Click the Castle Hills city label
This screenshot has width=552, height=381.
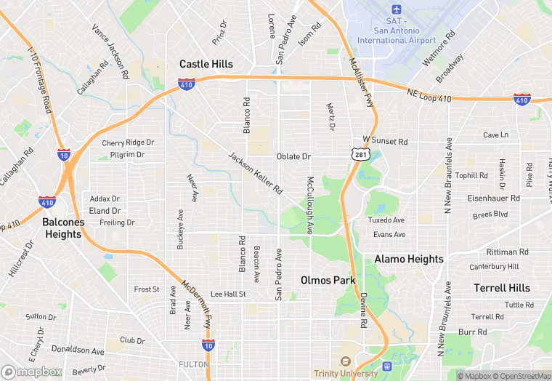tap(206, 64)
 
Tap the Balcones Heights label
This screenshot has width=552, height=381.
tap(63, 228)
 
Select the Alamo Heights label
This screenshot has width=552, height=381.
tap(409, 259)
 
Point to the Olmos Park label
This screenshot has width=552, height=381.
tap(326, 280)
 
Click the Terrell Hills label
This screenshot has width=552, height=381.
tap(502, 288)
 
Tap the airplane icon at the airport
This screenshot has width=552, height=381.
tap(396, 9)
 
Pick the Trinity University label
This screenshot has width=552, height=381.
tap(346, 373)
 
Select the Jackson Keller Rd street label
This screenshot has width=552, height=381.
tap(255, 173)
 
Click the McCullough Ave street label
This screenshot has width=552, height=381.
tap(310, 205)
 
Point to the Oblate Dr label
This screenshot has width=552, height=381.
tap(293, 156)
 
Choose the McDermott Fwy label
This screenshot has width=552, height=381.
tap(196, 304)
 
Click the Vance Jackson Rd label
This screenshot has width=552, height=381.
tap(110, 52)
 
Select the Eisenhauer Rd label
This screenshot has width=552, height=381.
tap(493, 198)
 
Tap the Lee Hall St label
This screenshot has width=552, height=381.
tap(228, 294)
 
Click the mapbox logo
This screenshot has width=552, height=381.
tap(32, 372)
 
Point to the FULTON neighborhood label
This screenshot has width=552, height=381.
tap(193, 364)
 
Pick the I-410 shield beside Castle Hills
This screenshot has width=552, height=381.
tap(186, 85)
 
